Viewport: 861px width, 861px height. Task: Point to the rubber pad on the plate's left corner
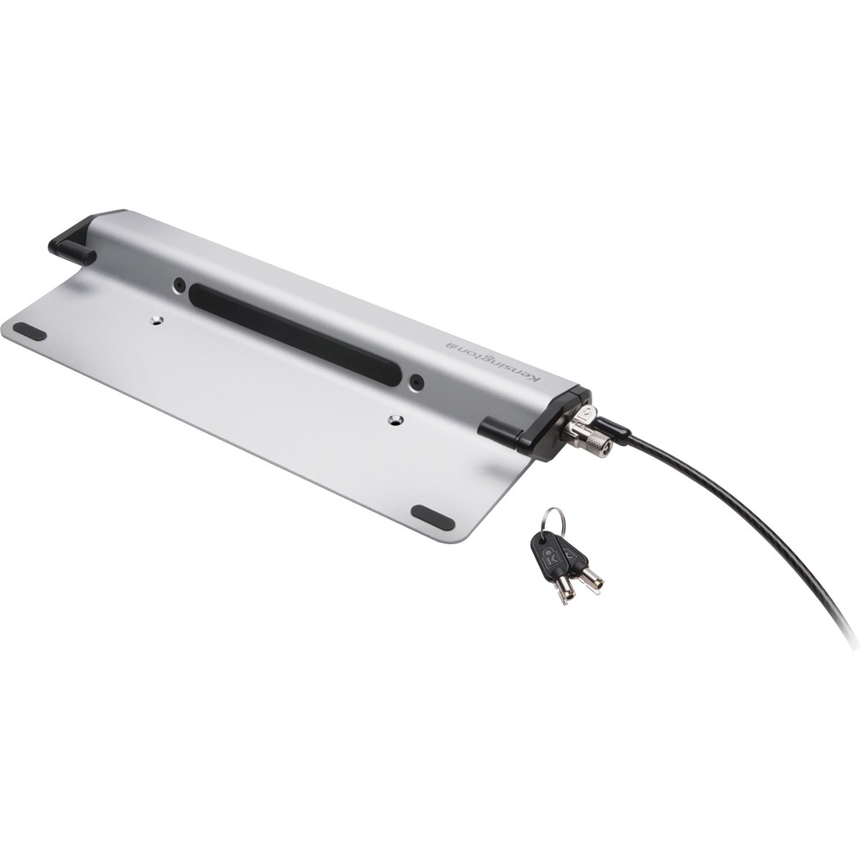pyautogui.click(x=29, y=331)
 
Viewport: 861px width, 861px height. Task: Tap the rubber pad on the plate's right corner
pyautogui.click(x=432, y=517)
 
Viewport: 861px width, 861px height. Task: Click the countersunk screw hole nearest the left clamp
pyautogui.click(x=156, y=319)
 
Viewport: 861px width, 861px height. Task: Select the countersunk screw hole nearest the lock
pyautogui.click(x=395, y=420)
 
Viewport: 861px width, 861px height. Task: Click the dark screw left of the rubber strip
pyautogui.click(x=178, y=283)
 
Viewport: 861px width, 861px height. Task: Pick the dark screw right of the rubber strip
pyautogui.click(x=417, y=381)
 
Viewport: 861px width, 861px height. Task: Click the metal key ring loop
pyautogui.click(x=554, y=520)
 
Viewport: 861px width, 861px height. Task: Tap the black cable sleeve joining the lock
pyautogui.click(x=612, y=427)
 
